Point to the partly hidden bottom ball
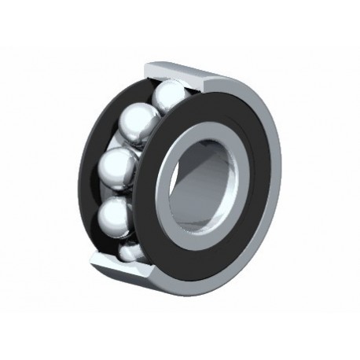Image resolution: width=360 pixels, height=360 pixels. pyautogui.click(x=130, y=251)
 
